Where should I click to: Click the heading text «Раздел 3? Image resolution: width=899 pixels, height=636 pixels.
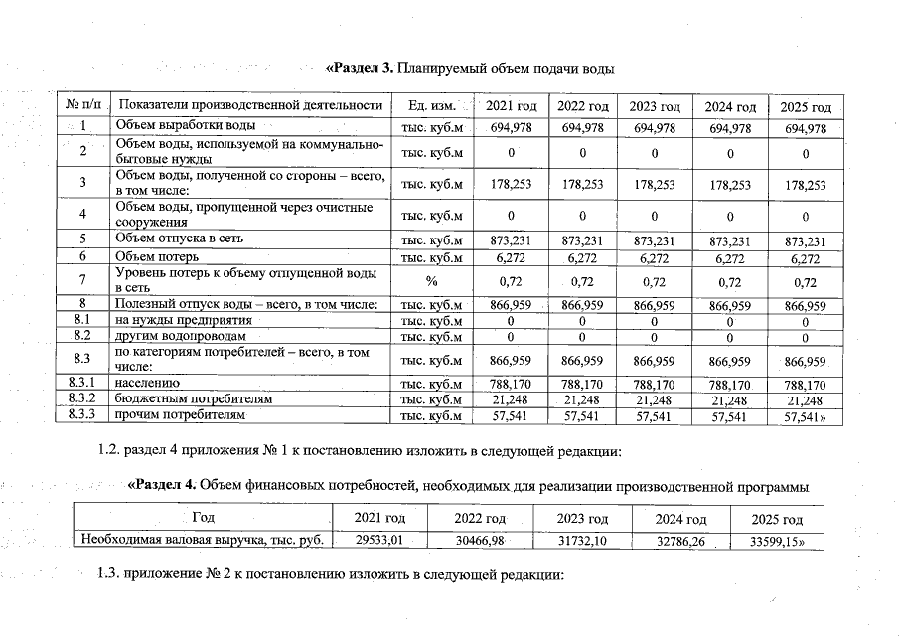pyautogui.click(x=361, y=68)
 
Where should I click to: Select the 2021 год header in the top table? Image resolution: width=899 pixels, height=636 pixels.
pyautogui.click(x=512, y=106)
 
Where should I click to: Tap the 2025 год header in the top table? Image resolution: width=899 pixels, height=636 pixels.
pyautogui.click(x=806, y=106)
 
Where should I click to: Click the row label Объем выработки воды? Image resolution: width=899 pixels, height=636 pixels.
pyautogui.click(x=186, y=126)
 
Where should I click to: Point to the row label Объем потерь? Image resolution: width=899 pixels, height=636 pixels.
pyautogui.click(x=159, y=256)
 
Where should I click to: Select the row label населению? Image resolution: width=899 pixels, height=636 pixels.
pyautogui.click(x=147, y=383)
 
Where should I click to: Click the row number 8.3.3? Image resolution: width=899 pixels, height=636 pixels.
pyautogui.click(x=83, y=415)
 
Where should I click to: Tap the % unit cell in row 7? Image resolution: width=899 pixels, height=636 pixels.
pyautogui.click(x=431, y=281)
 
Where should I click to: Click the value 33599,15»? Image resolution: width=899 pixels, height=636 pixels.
pyautogui.click(x=779, y=541)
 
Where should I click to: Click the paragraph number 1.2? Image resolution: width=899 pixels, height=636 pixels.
pyautogui.click(x=110, y=452)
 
